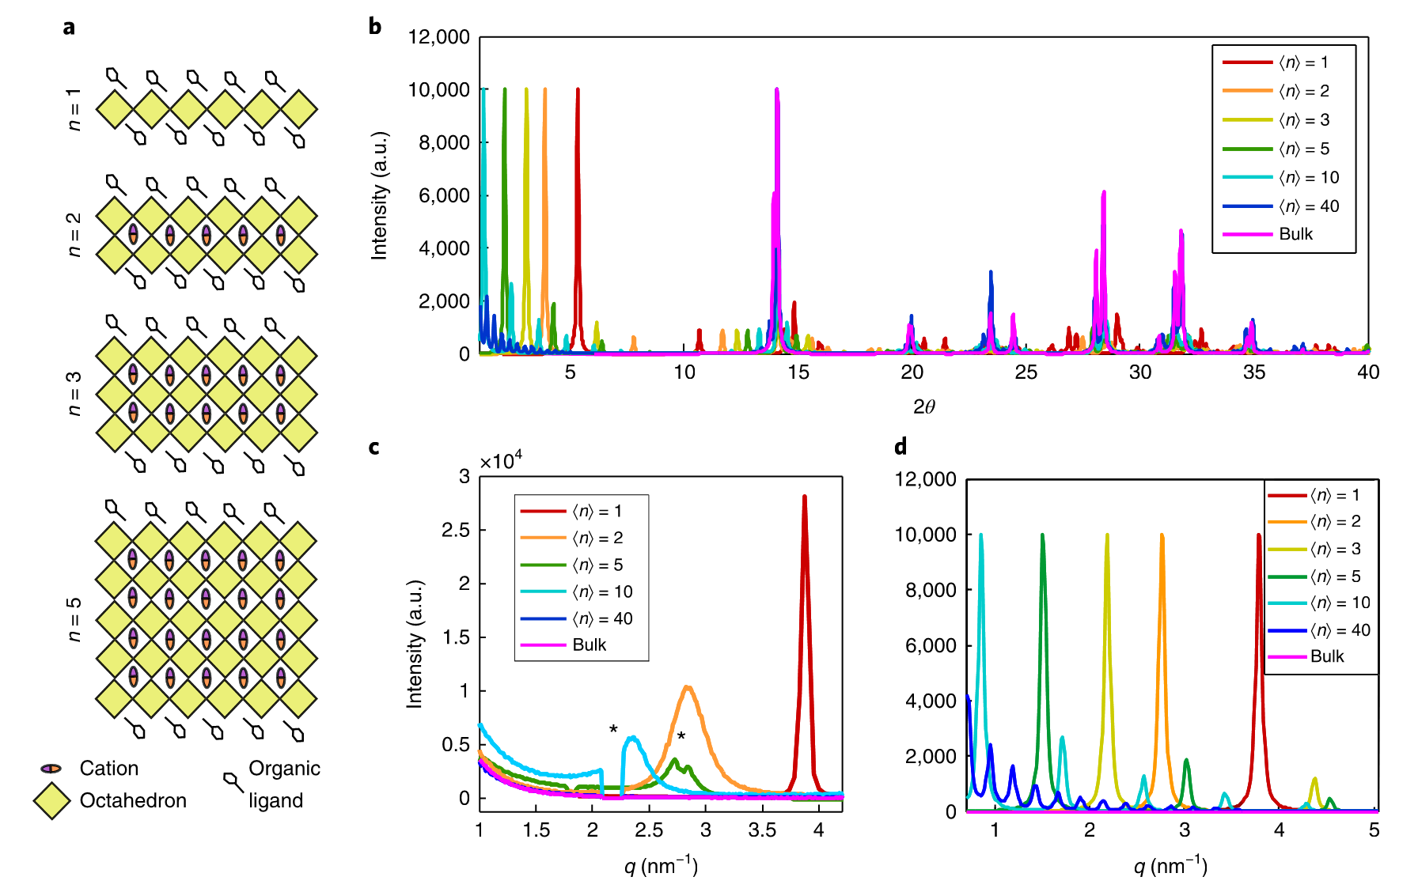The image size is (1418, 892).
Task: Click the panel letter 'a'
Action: click(x=70, y=28)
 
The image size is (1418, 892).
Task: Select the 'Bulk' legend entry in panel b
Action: click(x=1295, y=234)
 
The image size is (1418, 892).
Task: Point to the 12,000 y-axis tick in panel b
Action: click(x=438, y=37)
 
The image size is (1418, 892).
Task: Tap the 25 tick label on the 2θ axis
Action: click(x=1026, y=372)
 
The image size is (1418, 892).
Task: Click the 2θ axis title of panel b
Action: click(x=923, y=407)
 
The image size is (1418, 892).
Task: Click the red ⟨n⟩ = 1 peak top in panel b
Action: click(x=578, y=90)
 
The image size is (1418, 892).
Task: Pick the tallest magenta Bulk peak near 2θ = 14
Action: click(x=777, y=90)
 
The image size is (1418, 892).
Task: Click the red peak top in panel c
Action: click(x=805, y=497)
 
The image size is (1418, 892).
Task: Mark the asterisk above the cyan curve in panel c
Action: click(x=613, y=729)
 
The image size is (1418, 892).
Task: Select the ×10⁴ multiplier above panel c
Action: click(x=501, y=460)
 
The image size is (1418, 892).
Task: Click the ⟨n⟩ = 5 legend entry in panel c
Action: click(x=597, y=565)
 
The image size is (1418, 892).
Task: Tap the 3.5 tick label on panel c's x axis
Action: click(x=762, y=830)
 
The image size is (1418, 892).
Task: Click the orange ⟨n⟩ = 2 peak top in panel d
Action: click(x=1162, y=536)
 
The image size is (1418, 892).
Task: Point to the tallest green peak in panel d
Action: click(x=1043, y=536)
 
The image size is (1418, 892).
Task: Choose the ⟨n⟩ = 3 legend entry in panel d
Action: click(x=1335, y=549)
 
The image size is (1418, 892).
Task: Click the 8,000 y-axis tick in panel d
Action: click(x=931, y=590)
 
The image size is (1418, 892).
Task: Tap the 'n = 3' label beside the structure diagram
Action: click(x=74, y=393)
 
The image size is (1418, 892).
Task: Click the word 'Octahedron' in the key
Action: click(x=133, y=801)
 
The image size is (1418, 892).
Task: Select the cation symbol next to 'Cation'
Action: click(x=51, y=769)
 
